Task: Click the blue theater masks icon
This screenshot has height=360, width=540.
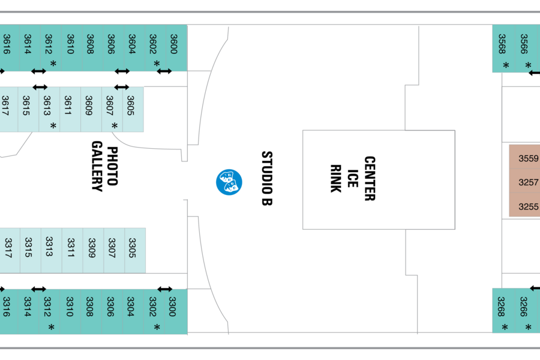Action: pos(229,182)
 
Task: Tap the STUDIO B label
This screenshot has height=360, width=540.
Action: pos(267,178)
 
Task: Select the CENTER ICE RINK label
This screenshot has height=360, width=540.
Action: pos(353,178)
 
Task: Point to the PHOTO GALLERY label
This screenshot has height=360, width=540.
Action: pos(105,166)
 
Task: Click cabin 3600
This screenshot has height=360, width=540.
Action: pos(176,48)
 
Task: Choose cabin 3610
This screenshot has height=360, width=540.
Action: pos(71,48)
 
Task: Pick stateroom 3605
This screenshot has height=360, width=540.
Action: pos(133,109)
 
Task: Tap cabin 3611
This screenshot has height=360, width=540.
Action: pos(70,109)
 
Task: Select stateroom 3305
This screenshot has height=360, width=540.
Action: pos(135,250)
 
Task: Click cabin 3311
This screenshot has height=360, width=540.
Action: pos(73,250)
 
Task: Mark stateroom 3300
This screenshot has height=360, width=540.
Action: pos(176,311)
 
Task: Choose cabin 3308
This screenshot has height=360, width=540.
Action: pos(91,311)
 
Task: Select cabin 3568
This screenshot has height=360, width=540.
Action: pos(503,49)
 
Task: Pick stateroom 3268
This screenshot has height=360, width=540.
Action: pos(503,311)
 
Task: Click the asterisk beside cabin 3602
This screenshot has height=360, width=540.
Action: pos(157,64)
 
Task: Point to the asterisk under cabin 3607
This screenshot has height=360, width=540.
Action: pos(115,126)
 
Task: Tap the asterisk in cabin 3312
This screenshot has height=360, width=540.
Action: pos(52,327)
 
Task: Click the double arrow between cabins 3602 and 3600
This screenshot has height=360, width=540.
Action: pos(164,71)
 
